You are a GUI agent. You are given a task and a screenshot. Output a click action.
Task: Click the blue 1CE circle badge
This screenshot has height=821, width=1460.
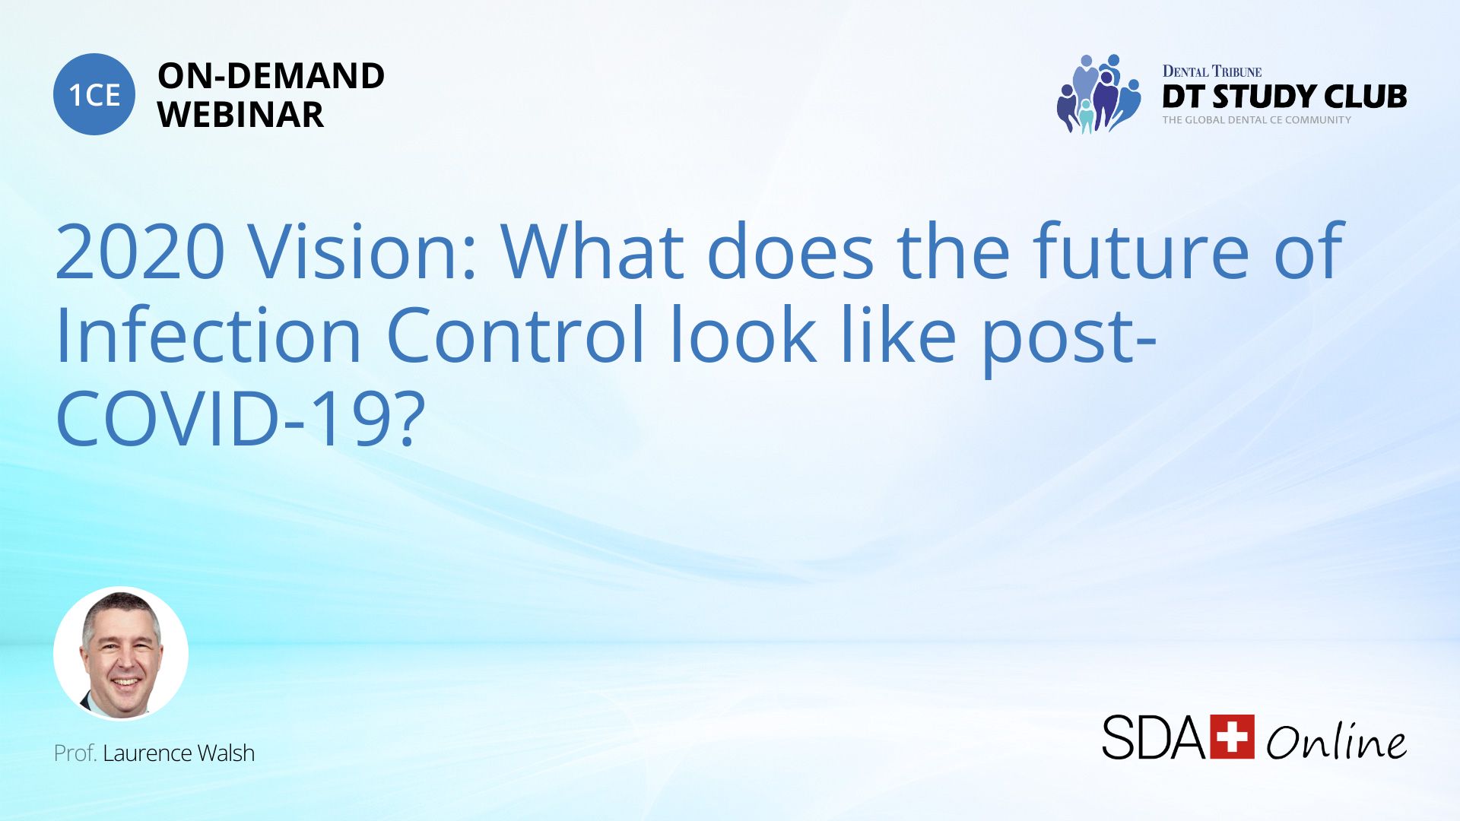tap(94, 94)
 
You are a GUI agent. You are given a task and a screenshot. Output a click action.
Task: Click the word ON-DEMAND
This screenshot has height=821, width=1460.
tap(271, 76)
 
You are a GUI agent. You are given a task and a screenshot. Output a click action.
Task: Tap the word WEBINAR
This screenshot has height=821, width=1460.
tap(240, 115)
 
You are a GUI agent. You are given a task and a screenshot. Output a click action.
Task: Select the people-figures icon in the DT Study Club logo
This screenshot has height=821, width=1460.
tap(1099, 94)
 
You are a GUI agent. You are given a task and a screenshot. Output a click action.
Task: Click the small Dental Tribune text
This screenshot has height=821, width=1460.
tap(1211, 71)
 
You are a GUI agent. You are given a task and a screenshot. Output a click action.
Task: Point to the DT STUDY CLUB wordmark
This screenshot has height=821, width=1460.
tap(1284, 97)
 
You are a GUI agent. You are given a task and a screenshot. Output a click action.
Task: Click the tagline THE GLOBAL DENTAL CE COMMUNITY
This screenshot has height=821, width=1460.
tap(1256, 120)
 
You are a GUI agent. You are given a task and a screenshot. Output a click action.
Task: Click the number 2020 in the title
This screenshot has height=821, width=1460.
tap(141, 252)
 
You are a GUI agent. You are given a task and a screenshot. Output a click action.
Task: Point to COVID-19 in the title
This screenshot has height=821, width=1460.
tap(224, 419)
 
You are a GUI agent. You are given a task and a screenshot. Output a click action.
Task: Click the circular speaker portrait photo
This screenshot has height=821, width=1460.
tap(121, 654)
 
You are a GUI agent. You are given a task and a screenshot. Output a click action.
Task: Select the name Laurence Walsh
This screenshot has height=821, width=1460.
tap(179, 753)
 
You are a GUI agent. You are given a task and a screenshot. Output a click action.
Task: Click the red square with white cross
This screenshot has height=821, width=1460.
tap(1232, 737)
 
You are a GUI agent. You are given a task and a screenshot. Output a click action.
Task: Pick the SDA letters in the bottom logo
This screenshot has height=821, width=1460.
tap(1154, 737)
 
